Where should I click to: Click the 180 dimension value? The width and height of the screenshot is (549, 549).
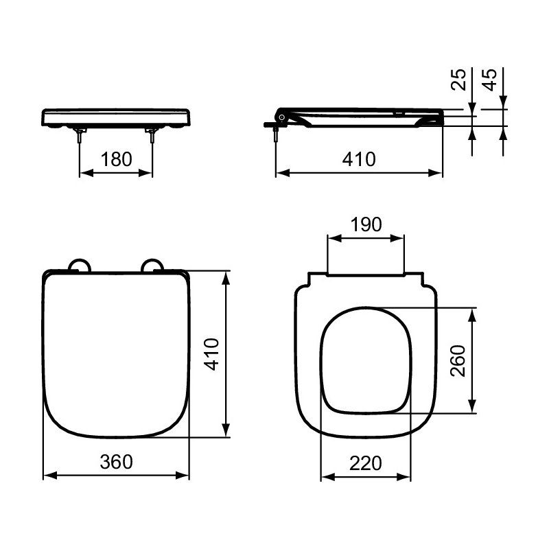coord(116,159)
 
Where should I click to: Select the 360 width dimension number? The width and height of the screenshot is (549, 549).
coord(116,462)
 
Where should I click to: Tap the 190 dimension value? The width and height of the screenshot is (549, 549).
coord(366,224)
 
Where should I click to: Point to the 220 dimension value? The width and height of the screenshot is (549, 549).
coord(366,463)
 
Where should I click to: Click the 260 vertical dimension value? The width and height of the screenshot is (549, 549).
coord(458,361)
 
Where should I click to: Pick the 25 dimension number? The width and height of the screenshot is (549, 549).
coord(458,80)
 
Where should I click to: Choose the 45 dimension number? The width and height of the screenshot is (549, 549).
coord(489,80)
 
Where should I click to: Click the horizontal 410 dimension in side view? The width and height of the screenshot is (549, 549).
coord(359,159)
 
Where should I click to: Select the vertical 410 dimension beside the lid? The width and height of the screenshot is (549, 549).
coord(211,354)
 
